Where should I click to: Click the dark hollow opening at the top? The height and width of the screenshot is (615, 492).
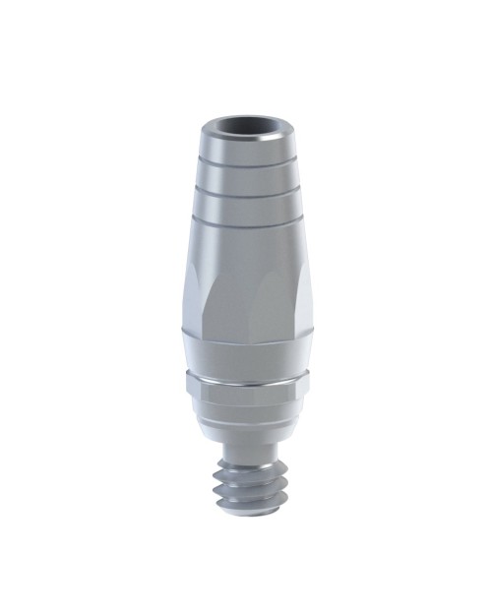[245, 129]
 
